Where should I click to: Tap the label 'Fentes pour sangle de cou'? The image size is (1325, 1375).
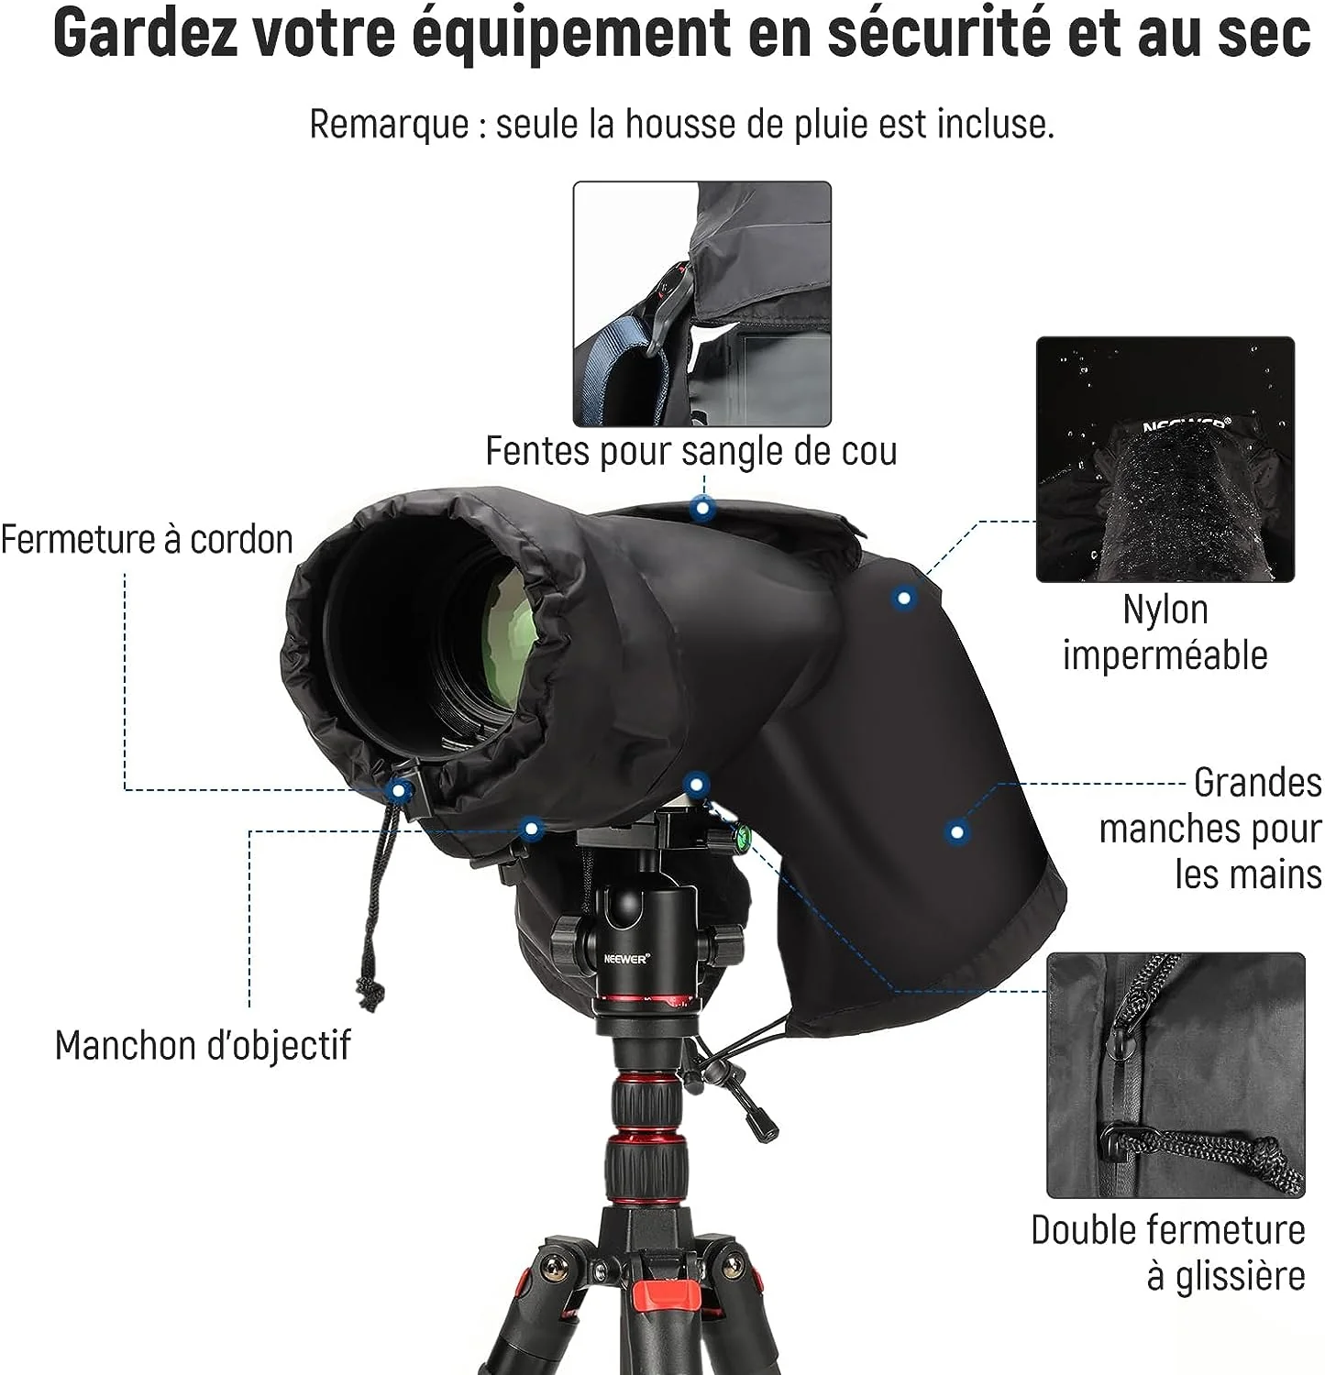click(x=691, y=451)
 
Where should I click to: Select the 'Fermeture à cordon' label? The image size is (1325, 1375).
click(x=147, y=539)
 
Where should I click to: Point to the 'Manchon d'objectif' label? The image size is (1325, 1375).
click(x=203, y=1045)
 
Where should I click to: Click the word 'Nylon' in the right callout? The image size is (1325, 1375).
click(x=1165, y=610)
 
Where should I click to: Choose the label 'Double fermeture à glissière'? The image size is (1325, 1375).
click(x=1168, y=1252)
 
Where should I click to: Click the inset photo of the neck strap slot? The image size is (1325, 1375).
click(x=702, y=304)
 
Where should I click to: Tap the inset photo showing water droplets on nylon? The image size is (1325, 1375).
click(x=1165, y=459)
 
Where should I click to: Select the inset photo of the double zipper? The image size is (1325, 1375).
click(x=1176, y=1075)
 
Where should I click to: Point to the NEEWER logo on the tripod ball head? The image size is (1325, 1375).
click(x=626, y=958)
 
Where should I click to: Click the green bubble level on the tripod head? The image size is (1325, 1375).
click(x=739, y=834)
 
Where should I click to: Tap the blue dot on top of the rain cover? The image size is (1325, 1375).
click(x=702, y=507)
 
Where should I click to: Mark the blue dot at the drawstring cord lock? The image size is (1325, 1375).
click(x=398, y=789)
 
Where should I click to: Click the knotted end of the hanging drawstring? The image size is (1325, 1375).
click(x=370, y=994)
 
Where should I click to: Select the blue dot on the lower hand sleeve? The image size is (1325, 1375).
click(x=957, y=831)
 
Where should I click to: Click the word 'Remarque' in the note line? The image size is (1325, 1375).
click(x=389, y=124)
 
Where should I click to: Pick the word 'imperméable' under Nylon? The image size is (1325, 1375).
click(x=1165, y=655)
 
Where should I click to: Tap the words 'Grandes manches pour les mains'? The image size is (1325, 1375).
click(x=1210, y=828)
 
